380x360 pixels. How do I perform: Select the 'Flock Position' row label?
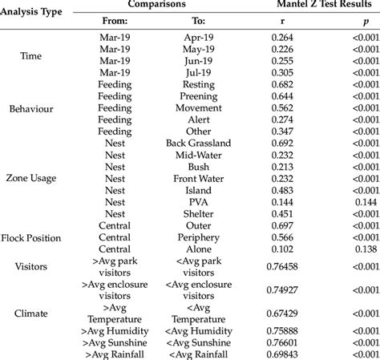pyautogui.click(x=37, y=238)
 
